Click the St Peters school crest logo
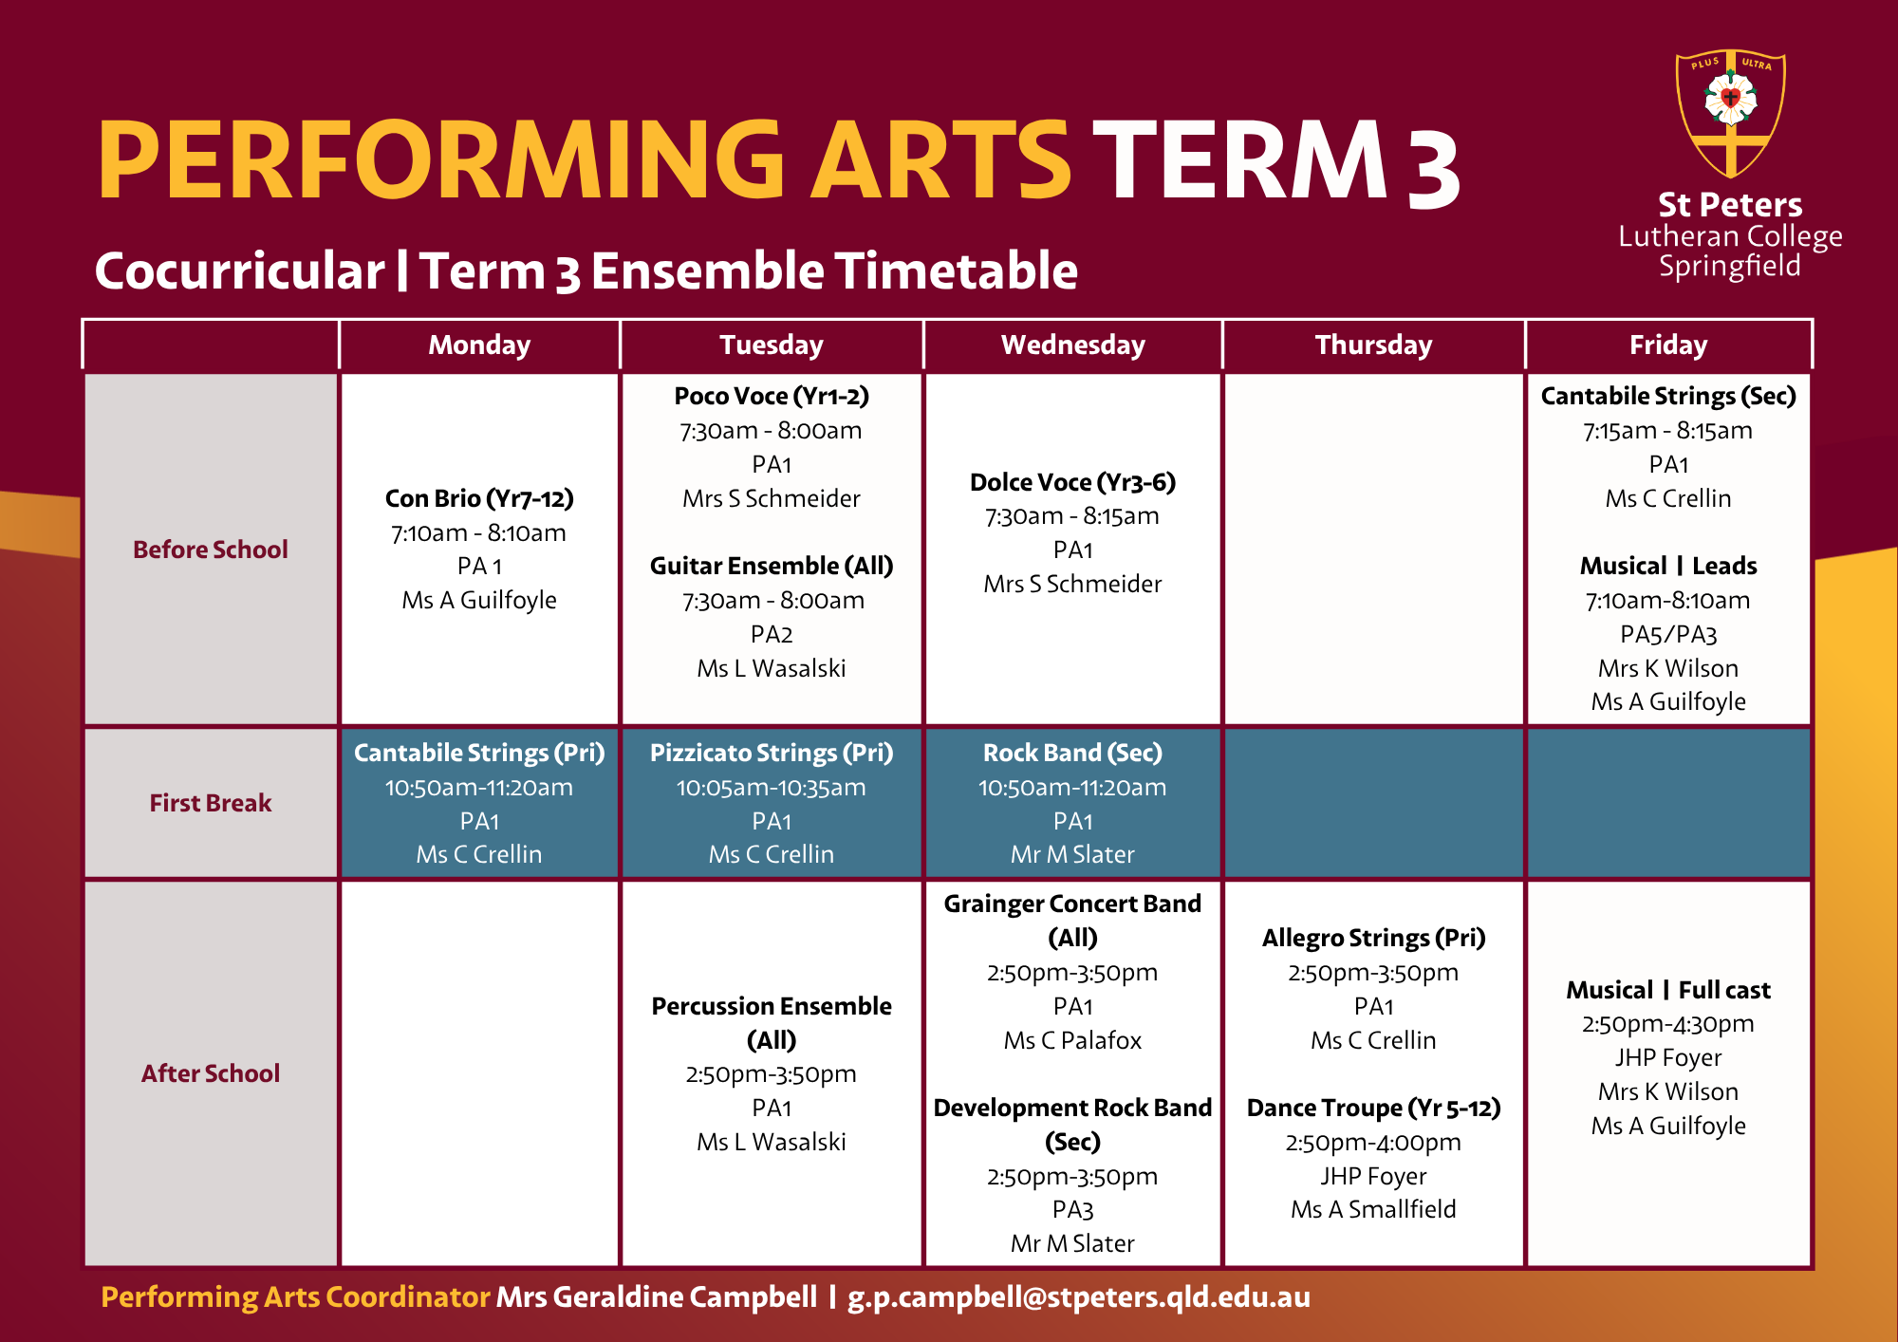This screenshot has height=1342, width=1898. click(1731, 114)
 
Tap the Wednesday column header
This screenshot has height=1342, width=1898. click(1073, 345)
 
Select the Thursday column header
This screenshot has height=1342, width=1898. click(1373, 345)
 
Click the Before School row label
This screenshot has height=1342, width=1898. click(211, 550)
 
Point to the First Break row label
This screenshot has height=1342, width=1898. click(211, 803)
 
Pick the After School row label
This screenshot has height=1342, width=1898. click(211, 1073)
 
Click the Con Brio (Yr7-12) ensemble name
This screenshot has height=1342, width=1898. click(479, 498)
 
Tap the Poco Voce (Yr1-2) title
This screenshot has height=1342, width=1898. click(772, 396)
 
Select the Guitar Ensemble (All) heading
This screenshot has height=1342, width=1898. click(772, 566)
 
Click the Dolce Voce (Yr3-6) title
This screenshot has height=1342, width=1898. click(1073, 482)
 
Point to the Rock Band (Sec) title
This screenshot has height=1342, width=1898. click(1073, 753)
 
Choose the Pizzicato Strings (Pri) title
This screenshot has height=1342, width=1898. click(772, 753)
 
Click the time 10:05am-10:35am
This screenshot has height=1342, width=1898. click(772, 788)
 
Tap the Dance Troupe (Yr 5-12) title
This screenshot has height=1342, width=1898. click(1373, 1108)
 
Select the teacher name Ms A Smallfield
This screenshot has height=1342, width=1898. click(1373, 1209)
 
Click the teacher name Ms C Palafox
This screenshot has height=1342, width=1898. click(1073, 1040)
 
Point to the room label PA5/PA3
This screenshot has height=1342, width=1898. click(1668, 634)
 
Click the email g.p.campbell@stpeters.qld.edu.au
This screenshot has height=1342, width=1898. click(1079, 1296)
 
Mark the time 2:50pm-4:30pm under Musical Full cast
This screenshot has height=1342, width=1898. click(1668, 1024)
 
